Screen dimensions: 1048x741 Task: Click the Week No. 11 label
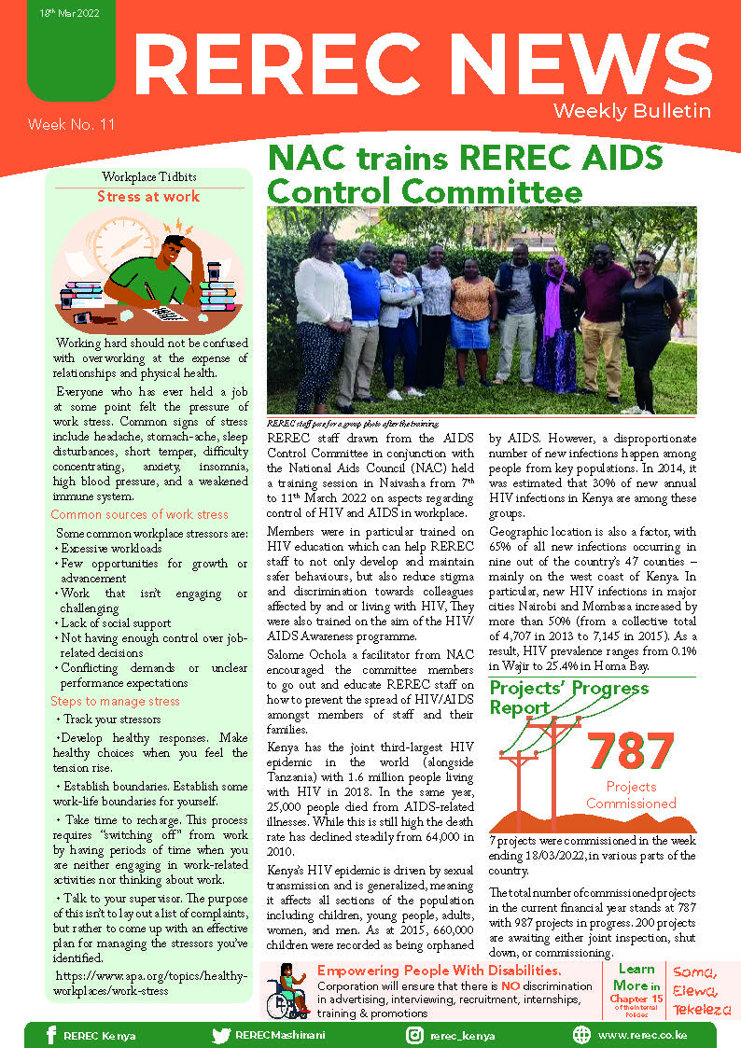pyautogui.click(x=71, y=124)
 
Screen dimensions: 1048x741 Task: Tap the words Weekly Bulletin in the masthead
pyautogui.click(x=632, y=111)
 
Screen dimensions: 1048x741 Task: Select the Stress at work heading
pyautogui.click(x=148, y=197)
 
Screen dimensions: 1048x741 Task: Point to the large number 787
pyautogui.click(x=630, y=752)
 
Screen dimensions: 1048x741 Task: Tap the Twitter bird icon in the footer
pyautogui.click(x=221, y=1034)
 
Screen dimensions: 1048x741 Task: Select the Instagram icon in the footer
pyautogui.click(x=415, y=1034)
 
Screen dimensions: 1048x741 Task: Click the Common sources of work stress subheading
pyautogui.click(x=139, y=514)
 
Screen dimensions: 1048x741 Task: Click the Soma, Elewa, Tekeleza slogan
pyautogui.click(x=692, y=989)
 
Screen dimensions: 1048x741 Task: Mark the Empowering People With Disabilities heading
pyautogui.click(x=439, y=971)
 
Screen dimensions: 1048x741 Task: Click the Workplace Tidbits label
pyautogui.click(x=148, y=177)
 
